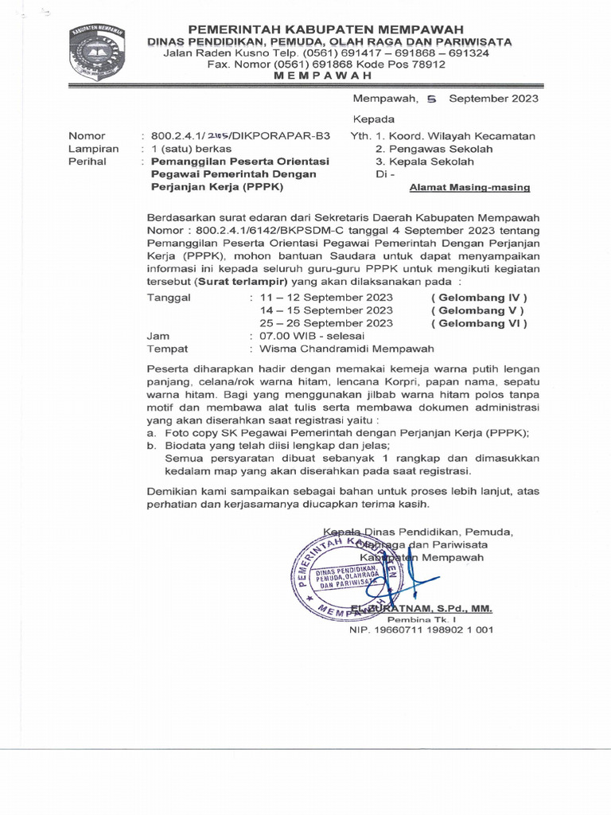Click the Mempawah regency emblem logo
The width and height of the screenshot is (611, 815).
tap(97, 54)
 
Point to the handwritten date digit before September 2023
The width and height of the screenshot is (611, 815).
tap(432, 99)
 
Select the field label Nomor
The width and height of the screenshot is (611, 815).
tap(87, 136)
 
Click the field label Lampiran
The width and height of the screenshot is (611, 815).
tap(94, 149)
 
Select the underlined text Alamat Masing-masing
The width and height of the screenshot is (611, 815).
tap(469, 188)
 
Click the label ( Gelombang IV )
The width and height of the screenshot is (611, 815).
tap(479, 298)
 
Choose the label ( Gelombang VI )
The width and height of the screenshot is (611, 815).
tap(479, 323)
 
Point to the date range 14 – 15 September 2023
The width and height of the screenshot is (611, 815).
tap(326, 310)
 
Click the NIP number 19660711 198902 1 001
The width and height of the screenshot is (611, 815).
tap(422, 630)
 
